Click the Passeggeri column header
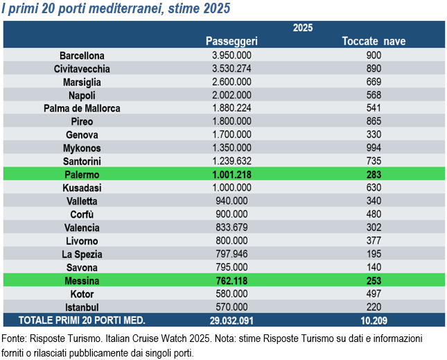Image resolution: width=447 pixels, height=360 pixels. tap(231, 41)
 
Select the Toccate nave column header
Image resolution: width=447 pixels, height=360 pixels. tap(374, 41)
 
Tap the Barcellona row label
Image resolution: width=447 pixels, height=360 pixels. tap(82, 55)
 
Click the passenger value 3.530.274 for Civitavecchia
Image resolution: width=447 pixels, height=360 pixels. tap(231, 69)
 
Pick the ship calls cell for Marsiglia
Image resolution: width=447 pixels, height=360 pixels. tap(374, 82)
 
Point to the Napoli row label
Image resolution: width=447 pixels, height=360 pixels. tap(82, 95)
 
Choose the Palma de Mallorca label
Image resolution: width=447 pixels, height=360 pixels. tap(82, 108)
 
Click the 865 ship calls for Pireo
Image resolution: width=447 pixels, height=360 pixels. tap(374, 121)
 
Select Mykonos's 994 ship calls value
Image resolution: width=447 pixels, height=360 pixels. tap(374, 148)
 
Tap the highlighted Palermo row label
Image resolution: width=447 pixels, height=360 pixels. tap(82, 175)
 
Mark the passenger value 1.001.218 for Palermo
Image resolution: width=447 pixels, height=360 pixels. tap(231, 175)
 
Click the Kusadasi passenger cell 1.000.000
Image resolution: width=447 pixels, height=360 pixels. tap(231, 188)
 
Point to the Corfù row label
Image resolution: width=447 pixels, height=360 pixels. tap(82, 214)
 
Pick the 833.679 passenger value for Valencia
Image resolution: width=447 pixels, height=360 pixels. tap(231, 228)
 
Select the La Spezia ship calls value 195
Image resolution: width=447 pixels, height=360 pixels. tap(374, 254)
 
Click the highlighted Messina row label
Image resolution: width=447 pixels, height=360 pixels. tap(82, 281)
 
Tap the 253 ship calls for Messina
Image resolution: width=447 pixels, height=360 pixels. tap(374, 281)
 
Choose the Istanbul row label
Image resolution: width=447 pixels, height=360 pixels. tap(82, 307)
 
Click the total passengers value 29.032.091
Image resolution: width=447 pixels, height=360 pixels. tap(231, 320)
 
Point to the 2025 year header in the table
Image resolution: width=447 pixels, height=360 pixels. tap(303, 28)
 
